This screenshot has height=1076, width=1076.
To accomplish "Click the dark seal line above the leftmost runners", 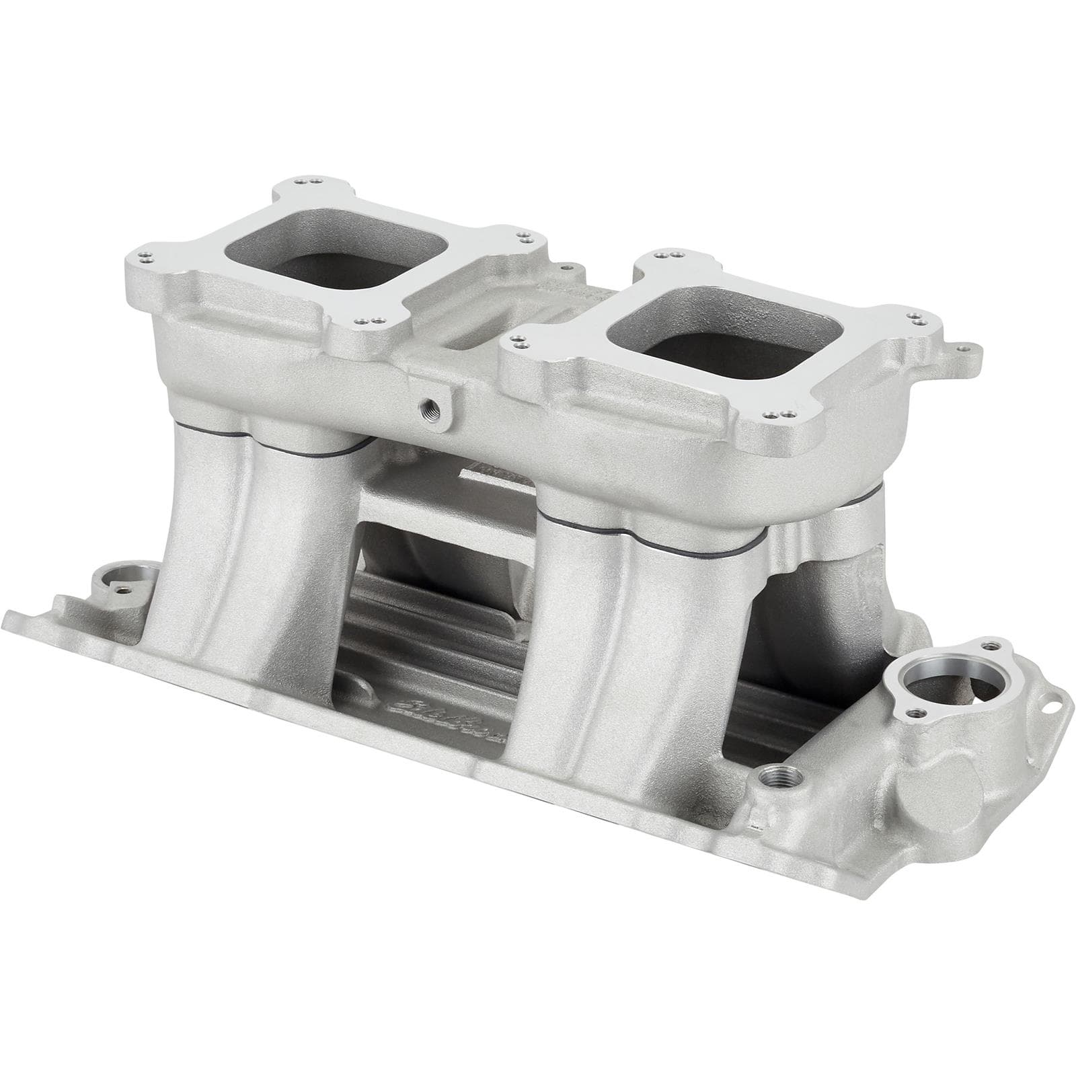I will point(269,444).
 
